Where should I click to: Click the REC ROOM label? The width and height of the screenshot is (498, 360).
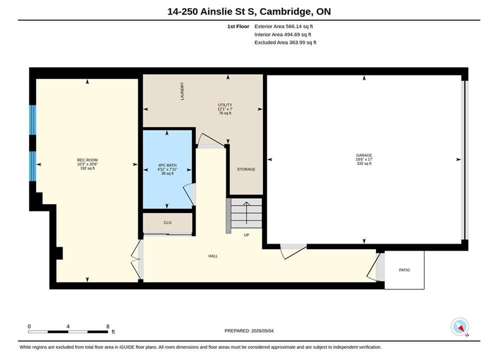tap(88, 160)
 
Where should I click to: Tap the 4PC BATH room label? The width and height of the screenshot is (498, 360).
tap(167, 165)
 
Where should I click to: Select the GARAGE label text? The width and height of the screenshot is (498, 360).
tap(364, 155)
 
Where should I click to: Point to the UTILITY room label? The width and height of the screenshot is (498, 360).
tap(225, 105)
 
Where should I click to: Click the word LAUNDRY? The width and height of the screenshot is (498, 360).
tap(182, 91)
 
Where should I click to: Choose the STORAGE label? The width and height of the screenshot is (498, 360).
tap(246, 169)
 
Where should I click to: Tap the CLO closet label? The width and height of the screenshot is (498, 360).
tap(167, 222)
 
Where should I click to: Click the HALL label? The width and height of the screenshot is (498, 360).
tap(213, 256)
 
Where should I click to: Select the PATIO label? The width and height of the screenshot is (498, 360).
tap(404, 270)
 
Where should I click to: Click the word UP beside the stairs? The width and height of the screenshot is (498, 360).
tap(246, 235)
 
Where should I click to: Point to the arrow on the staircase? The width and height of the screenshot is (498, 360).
tap(246, 213)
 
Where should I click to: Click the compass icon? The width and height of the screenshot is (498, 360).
tap(459, 326)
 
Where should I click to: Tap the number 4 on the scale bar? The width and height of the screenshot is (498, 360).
tap(68, 326)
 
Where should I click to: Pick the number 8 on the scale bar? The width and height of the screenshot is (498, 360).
tap(108, 326)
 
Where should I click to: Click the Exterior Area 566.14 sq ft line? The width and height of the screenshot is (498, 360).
tap(284, 26)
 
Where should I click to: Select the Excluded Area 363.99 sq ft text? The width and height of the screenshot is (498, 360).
tap(285, 42)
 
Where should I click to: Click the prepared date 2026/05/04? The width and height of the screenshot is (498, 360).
tap(262, 331)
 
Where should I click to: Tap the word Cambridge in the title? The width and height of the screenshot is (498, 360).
tap(285, 11)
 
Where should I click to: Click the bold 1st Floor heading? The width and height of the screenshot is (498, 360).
tap(238, 26)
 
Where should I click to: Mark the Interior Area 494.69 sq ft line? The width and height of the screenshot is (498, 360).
tap(283, 34)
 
